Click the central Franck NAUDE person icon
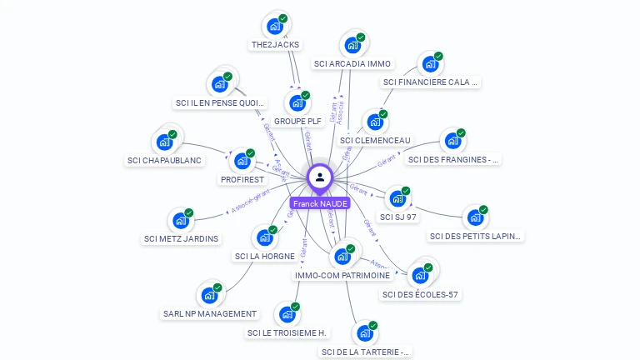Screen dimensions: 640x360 320,177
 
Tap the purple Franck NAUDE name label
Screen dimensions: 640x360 320,203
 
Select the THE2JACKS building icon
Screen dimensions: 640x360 274,25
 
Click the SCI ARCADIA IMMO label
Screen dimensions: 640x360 352,63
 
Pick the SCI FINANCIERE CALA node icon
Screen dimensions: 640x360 430,63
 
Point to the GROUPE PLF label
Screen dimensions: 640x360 297,121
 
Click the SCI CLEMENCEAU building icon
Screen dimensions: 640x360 375,122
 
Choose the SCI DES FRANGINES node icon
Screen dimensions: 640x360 452,141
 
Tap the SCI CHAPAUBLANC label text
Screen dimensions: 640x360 164,160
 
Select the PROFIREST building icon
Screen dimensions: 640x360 242,160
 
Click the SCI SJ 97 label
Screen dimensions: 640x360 398,217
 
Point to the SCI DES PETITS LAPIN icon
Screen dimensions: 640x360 476,217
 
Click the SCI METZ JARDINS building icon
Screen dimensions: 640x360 180,221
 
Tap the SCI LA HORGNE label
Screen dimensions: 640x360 264,256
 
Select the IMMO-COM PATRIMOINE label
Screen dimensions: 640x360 342,275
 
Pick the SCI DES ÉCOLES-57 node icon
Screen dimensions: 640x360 420,275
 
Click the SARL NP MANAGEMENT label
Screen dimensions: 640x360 210,313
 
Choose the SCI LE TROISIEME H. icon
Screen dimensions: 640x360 287,314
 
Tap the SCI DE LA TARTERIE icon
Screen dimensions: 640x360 364,333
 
